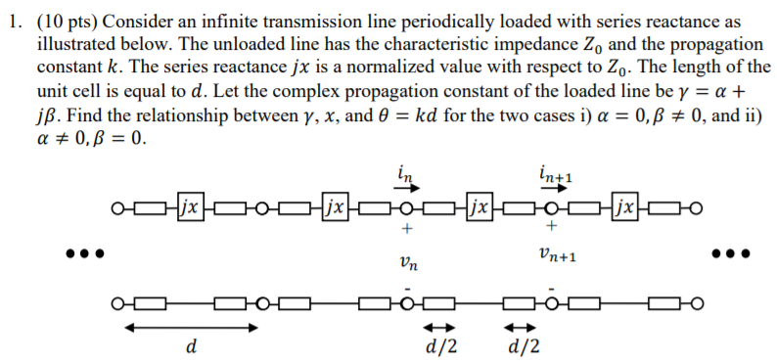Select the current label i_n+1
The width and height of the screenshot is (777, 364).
click(555, 173)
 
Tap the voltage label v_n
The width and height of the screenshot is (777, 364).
click(408, 261)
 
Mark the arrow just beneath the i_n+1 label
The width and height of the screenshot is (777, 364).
click(553, 189)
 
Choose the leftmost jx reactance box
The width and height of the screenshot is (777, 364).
click(191, 208)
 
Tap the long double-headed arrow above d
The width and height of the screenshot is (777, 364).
click(190, 326)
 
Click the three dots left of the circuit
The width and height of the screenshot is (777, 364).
click(83, 253)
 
